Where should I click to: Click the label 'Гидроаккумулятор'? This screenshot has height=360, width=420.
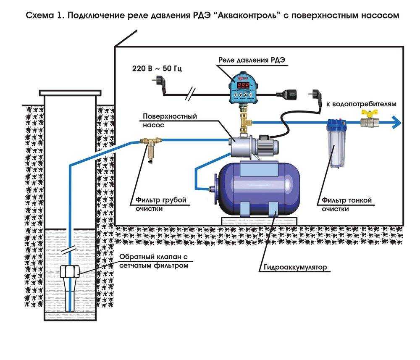tap(295, 267)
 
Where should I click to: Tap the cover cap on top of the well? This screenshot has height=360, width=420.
tap(70, 92)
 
